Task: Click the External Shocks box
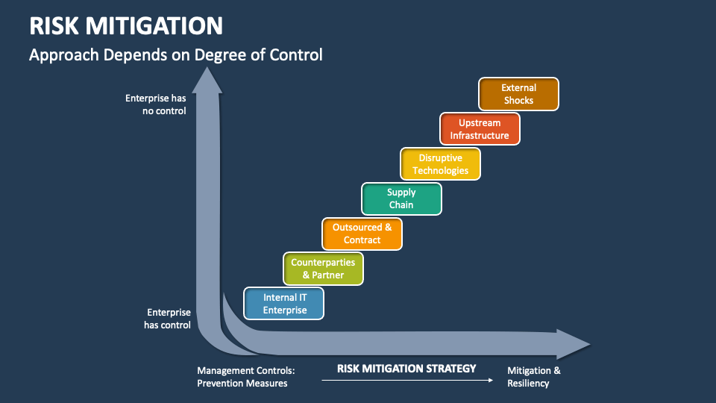(518, 94)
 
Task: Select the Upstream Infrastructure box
(480, 129)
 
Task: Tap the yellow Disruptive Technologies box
(440, 164)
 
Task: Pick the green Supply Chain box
(401, 199)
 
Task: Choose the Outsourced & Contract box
(362, 234)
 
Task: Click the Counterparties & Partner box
(323, 269)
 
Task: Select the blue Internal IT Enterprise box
(284, 304)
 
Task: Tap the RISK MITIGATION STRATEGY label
(406, 368)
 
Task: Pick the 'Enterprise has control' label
(168, 319)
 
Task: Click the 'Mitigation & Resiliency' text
(533, 377)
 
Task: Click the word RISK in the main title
(54, 26)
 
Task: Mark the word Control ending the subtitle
(297, 55)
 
